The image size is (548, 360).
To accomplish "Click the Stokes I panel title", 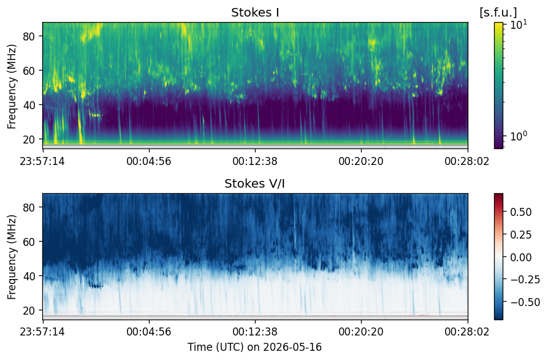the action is coord(255,13).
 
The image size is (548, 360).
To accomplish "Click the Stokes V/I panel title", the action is coord(254,183).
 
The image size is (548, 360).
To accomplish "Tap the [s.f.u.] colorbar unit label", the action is coord(498,13).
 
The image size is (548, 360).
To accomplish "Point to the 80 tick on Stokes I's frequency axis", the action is coord(28,36).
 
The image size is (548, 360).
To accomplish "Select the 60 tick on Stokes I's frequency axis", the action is coord(28,71).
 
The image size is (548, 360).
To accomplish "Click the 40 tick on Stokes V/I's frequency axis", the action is coord(28,276).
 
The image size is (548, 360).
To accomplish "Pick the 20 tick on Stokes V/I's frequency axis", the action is coord(28,310).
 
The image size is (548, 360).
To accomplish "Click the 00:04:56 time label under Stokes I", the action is coord(149,161).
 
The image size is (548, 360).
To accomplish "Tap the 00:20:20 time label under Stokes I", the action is coord(361,161).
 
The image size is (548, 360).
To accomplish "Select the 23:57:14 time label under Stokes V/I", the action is coord(42,331).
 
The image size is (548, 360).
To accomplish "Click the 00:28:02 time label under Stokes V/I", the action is coord(467,331).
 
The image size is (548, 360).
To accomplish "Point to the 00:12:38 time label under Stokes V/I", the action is coord(255,331).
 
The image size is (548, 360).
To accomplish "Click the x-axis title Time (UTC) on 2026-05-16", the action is coord(254,347).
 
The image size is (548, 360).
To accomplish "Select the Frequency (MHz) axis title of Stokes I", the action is coord(12,86).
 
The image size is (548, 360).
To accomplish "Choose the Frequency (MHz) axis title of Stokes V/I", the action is coord(12,257).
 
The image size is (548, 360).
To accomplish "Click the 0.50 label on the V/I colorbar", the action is coord(521,212).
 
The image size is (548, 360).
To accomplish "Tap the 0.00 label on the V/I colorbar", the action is coord(521,257).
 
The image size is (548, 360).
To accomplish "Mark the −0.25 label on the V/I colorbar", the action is coord(525,279).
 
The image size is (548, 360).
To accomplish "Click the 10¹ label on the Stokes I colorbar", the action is coord(519,25).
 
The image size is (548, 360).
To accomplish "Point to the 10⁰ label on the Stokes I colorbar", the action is coord(519,136).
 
